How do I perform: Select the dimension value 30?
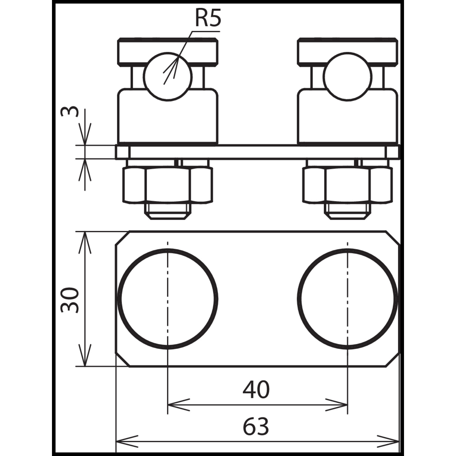click(x=70, y=299)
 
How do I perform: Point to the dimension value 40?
click(x=256, y=390)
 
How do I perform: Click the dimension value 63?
click(x=256, y=426)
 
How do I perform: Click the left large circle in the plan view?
click(x=168, y=299)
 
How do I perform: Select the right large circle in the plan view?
click(x=347, y=299)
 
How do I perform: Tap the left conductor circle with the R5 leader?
click(x=168, y=77)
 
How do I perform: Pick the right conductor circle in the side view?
click(x=347, y=77)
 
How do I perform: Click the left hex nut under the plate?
click(x=167, y=185)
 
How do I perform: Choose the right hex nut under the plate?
click(x=347, y=185)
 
